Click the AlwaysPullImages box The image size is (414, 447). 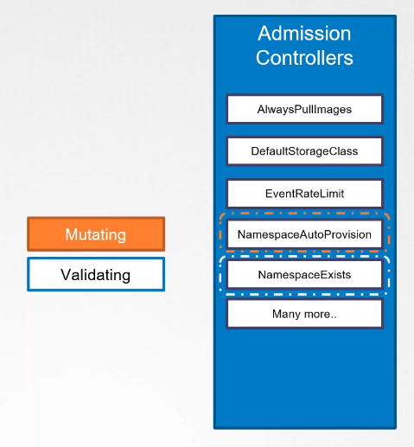click(x=304, y=110)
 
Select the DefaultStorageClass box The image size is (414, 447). click(x=304, y=151)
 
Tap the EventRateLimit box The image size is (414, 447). click(x=304, y=193)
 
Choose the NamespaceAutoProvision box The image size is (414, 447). click(x=304, y=234)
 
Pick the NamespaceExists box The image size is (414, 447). click(x=304, y=275)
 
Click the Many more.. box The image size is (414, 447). click(x=304, y=314)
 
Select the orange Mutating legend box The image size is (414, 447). click(x=96, y=234)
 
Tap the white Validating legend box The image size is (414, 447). click(x=96, y=275)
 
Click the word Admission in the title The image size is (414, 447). click(x=304, y=35)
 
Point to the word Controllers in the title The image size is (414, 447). click(x=304, y=59)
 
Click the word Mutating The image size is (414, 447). click(x=96, y=234)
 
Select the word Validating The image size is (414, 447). click(x=96, y=275)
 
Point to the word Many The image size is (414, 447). click(x=287, y=314)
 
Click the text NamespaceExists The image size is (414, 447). click(x=304, y=275)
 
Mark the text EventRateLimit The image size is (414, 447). click(x=304, y=193)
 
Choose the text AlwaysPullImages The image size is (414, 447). click(x=304, y=110)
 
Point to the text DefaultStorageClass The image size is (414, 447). click(x=304, y=151)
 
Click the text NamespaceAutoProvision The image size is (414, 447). click(x=304, y=234)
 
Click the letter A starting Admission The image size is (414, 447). click(x=264, y=35)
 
